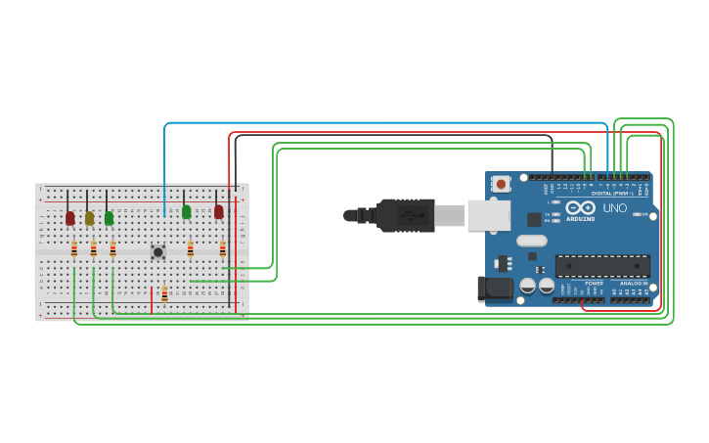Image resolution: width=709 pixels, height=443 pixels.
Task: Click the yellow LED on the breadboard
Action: (x=89, y=218)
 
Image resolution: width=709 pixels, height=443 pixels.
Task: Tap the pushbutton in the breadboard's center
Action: (x=157, y=251)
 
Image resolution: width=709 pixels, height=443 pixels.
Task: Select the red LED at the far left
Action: (x=70, y=218)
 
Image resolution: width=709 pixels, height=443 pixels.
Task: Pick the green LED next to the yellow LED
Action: (x=109, y=218)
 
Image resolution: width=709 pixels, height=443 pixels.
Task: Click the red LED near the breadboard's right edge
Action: (x=219, y=211)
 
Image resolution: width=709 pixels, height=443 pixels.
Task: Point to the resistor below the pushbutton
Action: (x=164, y=293)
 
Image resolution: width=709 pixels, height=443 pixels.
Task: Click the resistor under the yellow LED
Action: (x=93, y=249)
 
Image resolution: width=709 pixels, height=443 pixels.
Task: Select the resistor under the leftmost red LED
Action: (x=74, y=249)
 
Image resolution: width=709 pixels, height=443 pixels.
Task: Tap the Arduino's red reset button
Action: (x=502, y=183)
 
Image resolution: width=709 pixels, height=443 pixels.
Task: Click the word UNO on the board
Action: (x=615, y=208)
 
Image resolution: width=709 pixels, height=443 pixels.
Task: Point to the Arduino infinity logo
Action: (x=580, y=207)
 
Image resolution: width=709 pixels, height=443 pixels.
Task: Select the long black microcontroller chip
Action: (x=602, y=265)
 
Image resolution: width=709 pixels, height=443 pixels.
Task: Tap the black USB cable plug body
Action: (x=407, y=215)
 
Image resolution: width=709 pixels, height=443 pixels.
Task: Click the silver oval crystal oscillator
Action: (x=531, y=241)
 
